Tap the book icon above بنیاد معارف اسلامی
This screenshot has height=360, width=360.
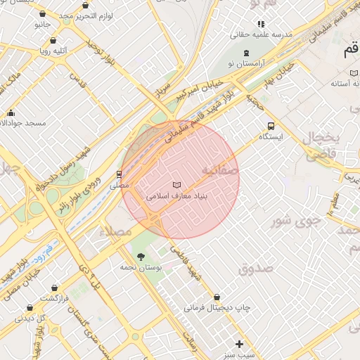point(176,185)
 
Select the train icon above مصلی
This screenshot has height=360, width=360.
point(119,174)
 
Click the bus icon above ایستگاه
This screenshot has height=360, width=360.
point(271,126)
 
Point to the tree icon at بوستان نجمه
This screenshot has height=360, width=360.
point(141,256)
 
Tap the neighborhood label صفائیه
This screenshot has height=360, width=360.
point(219,171)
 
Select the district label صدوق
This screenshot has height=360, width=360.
point(255,269)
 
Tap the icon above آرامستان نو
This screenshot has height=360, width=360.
point(245,53)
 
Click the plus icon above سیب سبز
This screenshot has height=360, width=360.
point(240,344)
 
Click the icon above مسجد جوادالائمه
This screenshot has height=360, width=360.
point(11,112)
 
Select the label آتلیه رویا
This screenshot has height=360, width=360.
point(54,51)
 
